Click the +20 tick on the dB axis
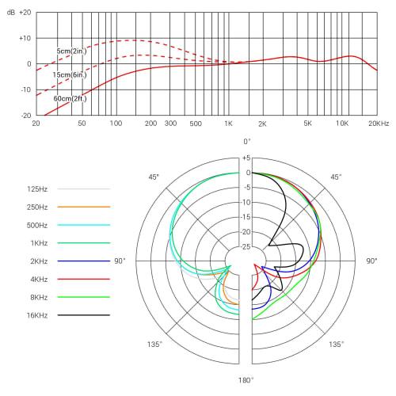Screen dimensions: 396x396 pyautogui.click(x=25, y=13)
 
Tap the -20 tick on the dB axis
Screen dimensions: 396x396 pyautogui.click(x=25, y=115)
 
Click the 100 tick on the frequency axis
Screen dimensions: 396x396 pyautogui.click(x=116, y=124)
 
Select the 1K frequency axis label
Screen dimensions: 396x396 pyautogui.click(x=228, y=124)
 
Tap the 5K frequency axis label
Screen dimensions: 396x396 pyautogui.click(x=308, y=124)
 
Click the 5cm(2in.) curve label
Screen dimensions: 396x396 pyautogui.click(x=71, y=51)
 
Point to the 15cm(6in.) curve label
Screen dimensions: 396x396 pyautogui.click(x=70, y=74)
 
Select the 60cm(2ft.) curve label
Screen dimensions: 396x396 pyautogui.click(x=70, y=98)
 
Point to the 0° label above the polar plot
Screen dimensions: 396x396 pyautogui.click(x=246, y=141)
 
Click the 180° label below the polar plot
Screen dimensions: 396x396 pyautogui.click(x=246, y=380)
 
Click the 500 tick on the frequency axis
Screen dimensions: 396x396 pyautogui.click(x=195, y=124)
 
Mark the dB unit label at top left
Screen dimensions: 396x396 pyautogui.click(x=11, y=13)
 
